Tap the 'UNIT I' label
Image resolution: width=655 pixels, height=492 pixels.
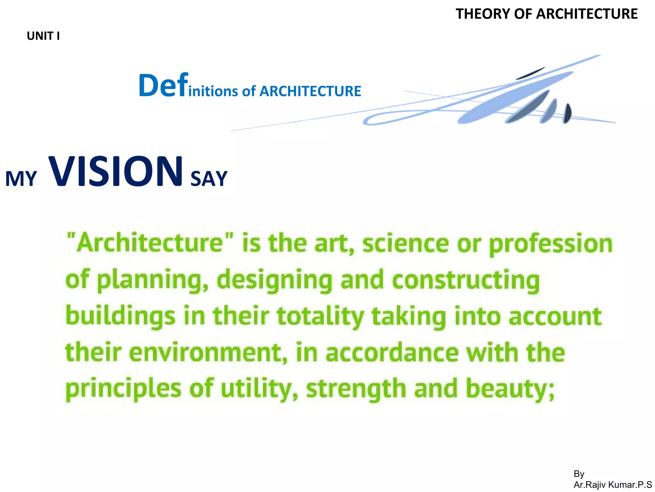(x=43, y=36)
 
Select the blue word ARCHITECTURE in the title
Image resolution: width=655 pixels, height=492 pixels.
(x=310, y=91)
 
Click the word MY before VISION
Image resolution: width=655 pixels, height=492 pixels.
(x=21, y=179)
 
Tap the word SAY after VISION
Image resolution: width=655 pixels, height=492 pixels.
(x=209, y=179)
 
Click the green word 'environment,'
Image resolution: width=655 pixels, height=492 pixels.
(x=208, y=352)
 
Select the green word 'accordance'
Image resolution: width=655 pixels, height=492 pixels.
(x=392, y=352)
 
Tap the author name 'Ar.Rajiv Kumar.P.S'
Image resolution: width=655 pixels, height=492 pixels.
(x=612, y=485)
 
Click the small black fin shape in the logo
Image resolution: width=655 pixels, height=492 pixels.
(x=567, y=113)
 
